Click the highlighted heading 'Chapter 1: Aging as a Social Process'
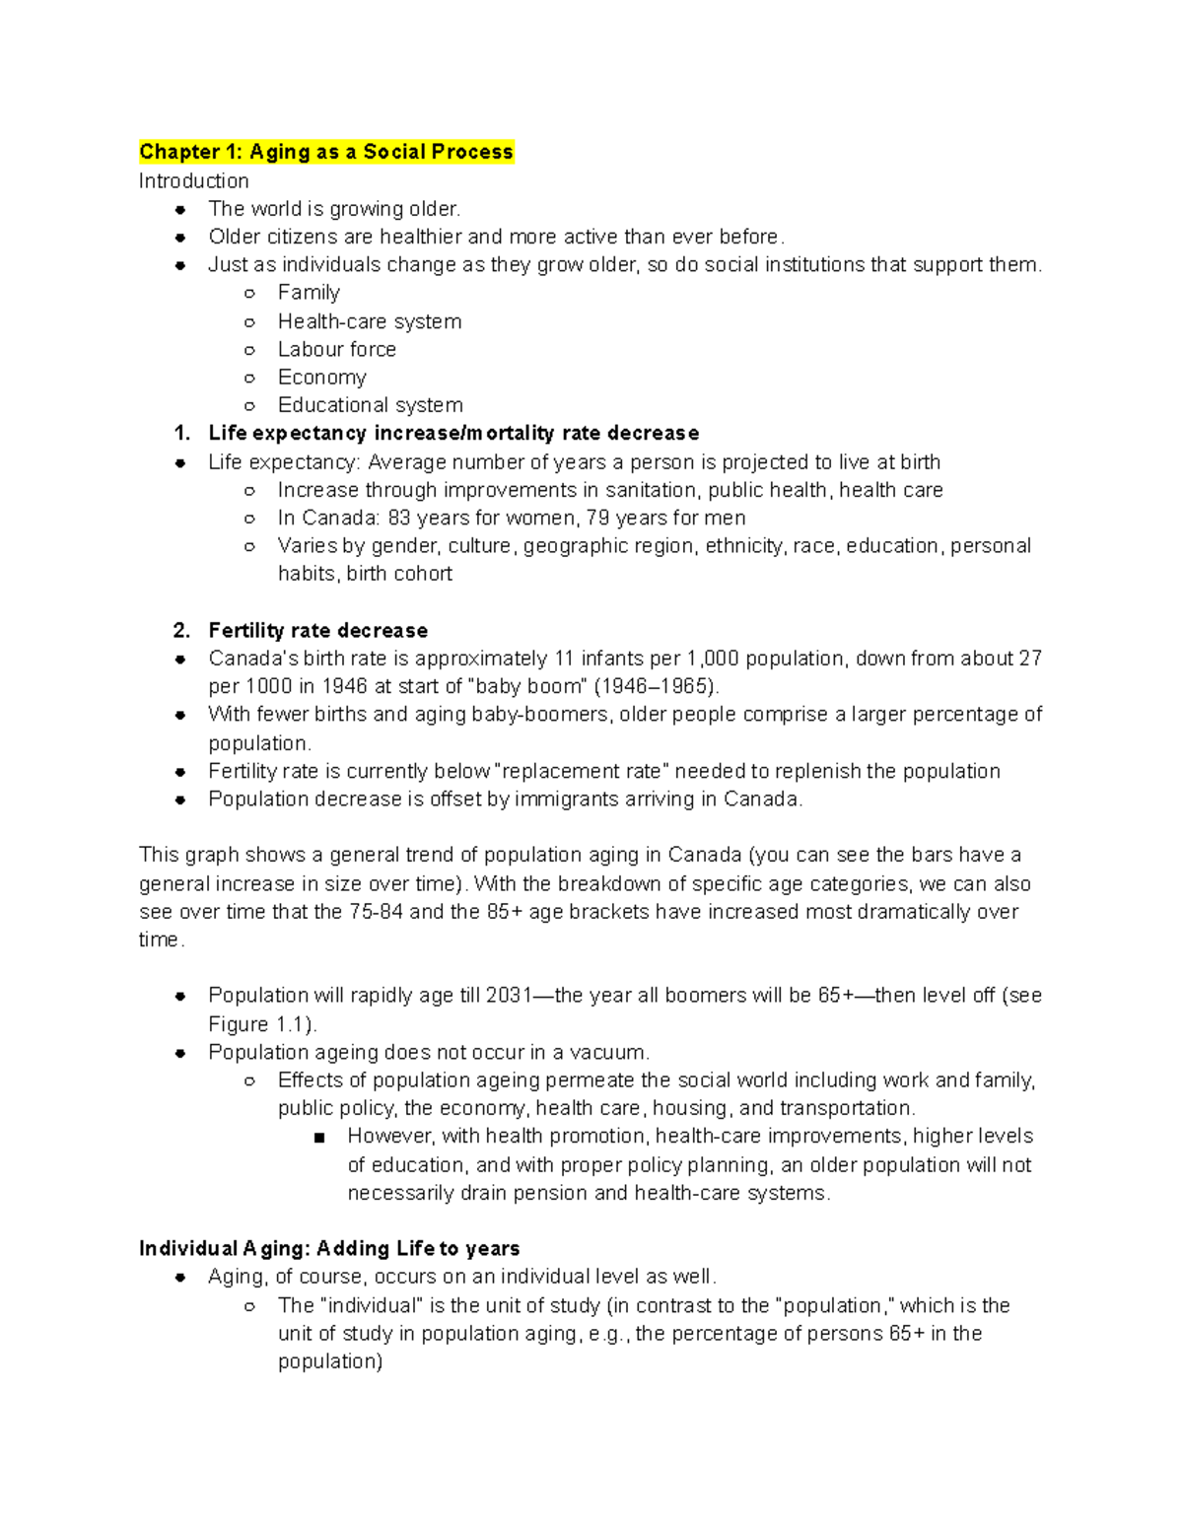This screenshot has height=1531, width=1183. [325, 152]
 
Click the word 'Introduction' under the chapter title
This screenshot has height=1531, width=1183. [193, 181]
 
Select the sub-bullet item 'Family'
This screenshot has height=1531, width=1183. [309, 293]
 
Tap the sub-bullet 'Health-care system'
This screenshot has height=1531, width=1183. [369, 321]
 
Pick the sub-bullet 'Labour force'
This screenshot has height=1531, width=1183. [336, 350]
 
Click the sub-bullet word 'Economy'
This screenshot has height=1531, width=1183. [321, 378]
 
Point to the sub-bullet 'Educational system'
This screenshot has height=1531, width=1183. [370, 405]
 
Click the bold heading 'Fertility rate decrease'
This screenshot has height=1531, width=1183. [317, 631]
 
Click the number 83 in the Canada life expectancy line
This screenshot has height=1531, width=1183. [399, 519]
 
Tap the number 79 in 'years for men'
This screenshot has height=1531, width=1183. [597, 519]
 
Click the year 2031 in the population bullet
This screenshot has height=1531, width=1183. [509, 996]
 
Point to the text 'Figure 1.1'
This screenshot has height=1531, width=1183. [258, 1024]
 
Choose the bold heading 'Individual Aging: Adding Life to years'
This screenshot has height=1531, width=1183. [329, 1249]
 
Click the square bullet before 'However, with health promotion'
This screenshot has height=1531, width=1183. [318, 1138]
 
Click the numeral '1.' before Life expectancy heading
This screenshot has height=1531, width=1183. [180, 434]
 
